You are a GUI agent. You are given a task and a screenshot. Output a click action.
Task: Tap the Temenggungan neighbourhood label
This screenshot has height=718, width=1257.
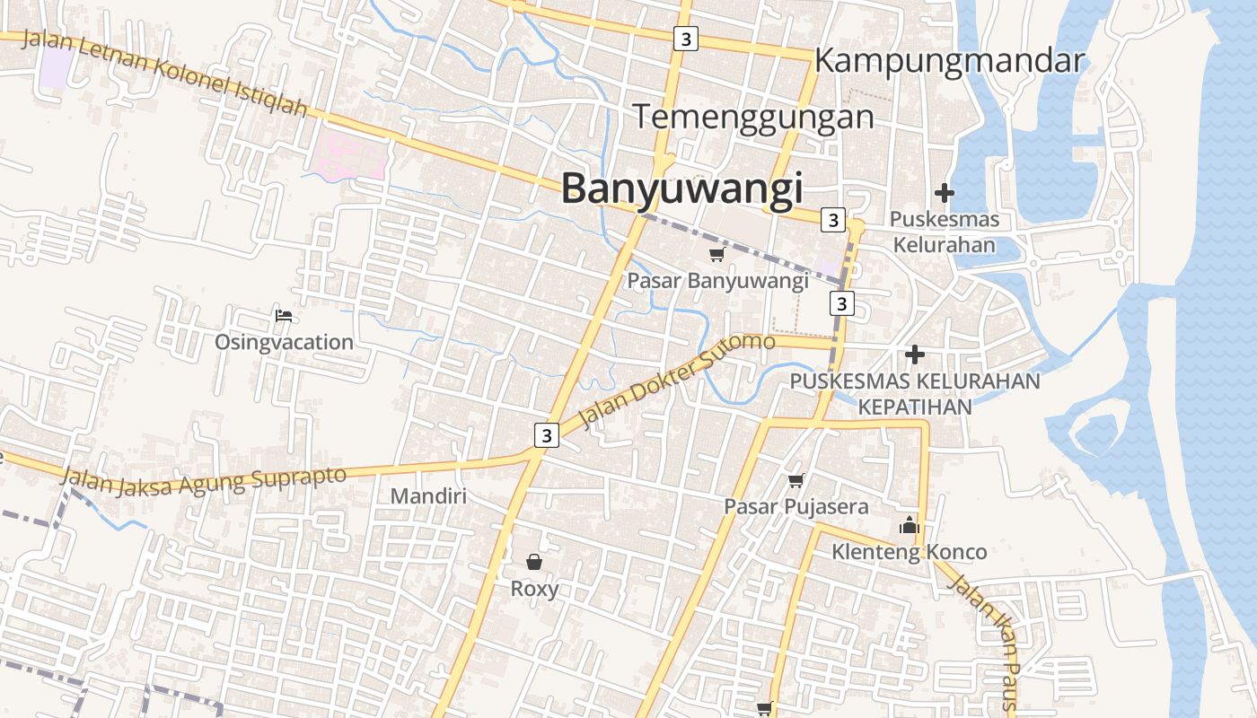click(753, 118)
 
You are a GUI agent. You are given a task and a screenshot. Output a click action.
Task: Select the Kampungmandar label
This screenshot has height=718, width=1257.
click(950, 61)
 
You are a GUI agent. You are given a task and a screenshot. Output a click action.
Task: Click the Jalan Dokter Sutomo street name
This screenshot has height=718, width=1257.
click(678, 381)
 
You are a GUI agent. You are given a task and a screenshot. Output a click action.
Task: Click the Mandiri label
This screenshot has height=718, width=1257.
click(428, 495)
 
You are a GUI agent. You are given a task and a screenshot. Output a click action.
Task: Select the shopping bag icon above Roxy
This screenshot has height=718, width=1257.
click(534, 562)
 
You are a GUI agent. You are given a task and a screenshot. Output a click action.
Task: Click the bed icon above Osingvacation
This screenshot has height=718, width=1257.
click(284, 315)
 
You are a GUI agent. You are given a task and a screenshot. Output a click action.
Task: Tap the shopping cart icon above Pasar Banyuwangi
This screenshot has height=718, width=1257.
click(716, 255)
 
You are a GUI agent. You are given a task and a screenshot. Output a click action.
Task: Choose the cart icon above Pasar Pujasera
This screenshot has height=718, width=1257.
click(796, 481)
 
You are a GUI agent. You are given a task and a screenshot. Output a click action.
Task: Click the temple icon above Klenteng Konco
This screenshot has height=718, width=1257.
click(910, 525)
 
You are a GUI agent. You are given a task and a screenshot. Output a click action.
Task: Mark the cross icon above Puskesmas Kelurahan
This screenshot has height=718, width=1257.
click(944, 192)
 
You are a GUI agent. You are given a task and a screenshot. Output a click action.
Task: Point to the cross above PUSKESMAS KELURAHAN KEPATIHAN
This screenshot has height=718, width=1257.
click(915, 355)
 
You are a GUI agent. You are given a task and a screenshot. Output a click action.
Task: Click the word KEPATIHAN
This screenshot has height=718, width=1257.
click(915, 407)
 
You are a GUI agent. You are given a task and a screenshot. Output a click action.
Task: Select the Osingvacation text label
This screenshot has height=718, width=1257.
click(284, 342)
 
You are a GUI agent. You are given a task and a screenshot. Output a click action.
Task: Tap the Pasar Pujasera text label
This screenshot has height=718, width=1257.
click(796, 507)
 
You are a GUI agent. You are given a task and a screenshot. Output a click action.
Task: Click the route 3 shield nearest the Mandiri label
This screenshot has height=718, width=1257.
click(546, 435)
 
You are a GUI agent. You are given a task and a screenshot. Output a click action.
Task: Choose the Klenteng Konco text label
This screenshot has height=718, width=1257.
click(909, 552)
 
